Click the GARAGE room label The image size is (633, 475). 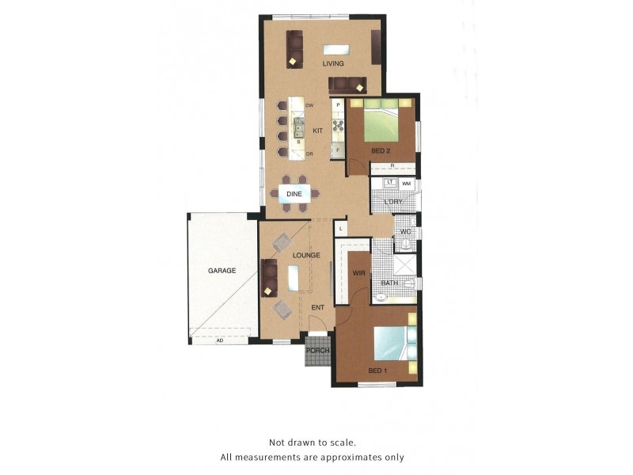tap(222, 271)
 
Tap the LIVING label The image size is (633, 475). tap(333, 63)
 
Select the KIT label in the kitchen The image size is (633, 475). tap(318, 131)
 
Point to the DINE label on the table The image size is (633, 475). tap(294, 193)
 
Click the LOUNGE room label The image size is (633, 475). tap(306, 255)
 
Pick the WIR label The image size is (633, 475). tap(358, 272)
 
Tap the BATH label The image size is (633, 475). tap(389, 283)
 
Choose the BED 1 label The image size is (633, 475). tap(377, 370)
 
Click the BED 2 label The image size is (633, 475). tap(381, 150)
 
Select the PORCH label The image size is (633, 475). tap(318, 351)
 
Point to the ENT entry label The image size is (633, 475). tap(318, 307)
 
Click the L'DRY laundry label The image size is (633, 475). tap(393, 202)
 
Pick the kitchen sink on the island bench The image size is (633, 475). tap(299, 127)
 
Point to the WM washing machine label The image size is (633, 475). tap(407, 184)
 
